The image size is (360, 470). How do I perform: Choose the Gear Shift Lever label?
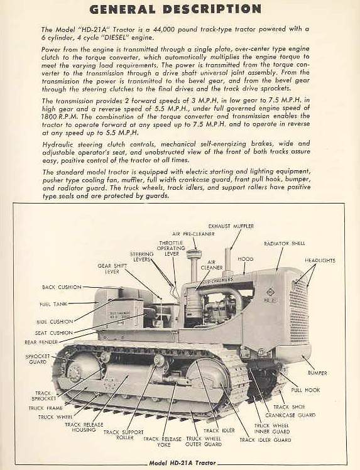coord(113,269)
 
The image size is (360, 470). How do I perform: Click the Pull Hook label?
coord(305,390)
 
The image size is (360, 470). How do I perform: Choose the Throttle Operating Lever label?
coord(172,248)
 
